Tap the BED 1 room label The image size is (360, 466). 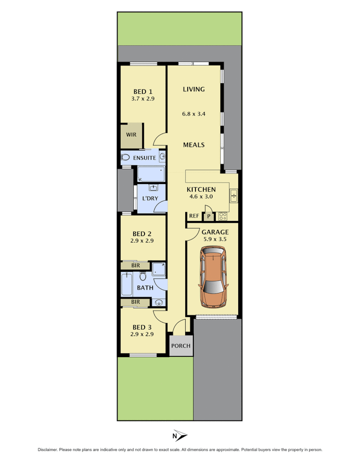[x=142, y=91]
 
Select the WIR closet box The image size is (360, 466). [x=131, y=135]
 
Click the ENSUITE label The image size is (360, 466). [x=144, y=158]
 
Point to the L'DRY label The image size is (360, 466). [x=150, y=198]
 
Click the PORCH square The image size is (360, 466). [x=180, y=346]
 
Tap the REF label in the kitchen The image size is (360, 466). [x=194, y=216]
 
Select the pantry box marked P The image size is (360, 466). [x=209, y=216]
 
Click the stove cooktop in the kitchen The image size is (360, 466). [x=223, y=216]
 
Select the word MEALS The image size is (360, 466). [x=194, y=145]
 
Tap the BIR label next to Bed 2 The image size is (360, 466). [x=136, y=266]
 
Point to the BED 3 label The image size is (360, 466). [x=142, y=327]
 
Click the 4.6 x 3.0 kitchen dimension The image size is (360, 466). [x=201, y=197]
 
